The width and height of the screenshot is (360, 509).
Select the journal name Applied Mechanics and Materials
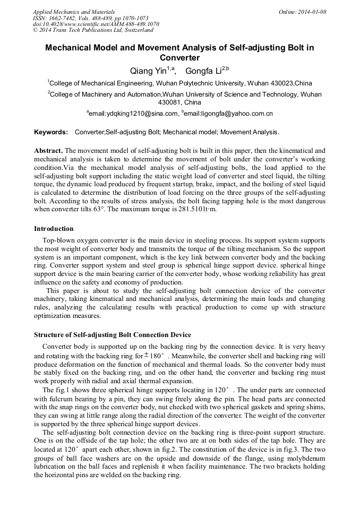click(x=73, y=12)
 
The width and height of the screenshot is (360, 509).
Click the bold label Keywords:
click(x=51, y=132)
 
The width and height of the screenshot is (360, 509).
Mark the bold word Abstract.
click(x=48, y=150)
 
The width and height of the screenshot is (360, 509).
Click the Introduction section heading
click(x=54, y=229)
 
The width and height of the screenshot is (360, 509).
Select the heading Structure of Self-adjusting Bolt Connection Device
click(x=113, y=335)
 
